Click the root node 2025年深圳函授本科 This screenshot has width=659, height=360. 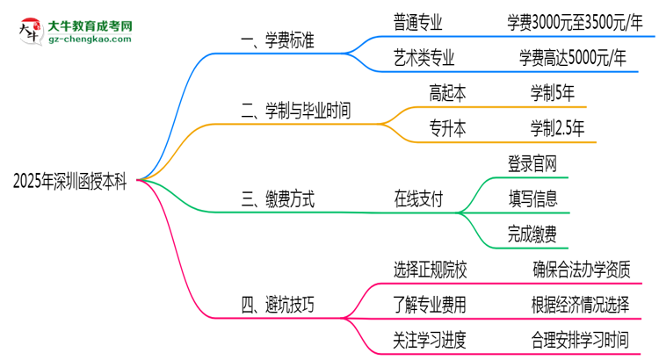tap(69, 183)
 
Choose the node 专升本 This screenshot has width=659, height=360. tap(447, 128)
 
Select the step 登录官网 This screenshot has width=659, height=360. tap(532, 163)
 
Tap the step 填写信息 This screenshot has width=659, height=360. tap(532, 198)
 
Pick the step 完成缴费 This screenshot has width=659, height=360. tap(532, 234)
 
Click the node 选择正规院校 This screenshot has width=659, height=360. tap(431, 270)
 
